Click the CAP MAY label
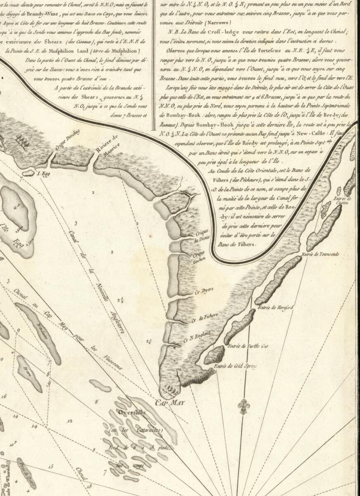click(x=169, y=402)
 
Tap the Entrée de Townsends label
click(x=320, y=254)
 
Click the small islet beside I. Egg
click(x=29, y=173)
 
